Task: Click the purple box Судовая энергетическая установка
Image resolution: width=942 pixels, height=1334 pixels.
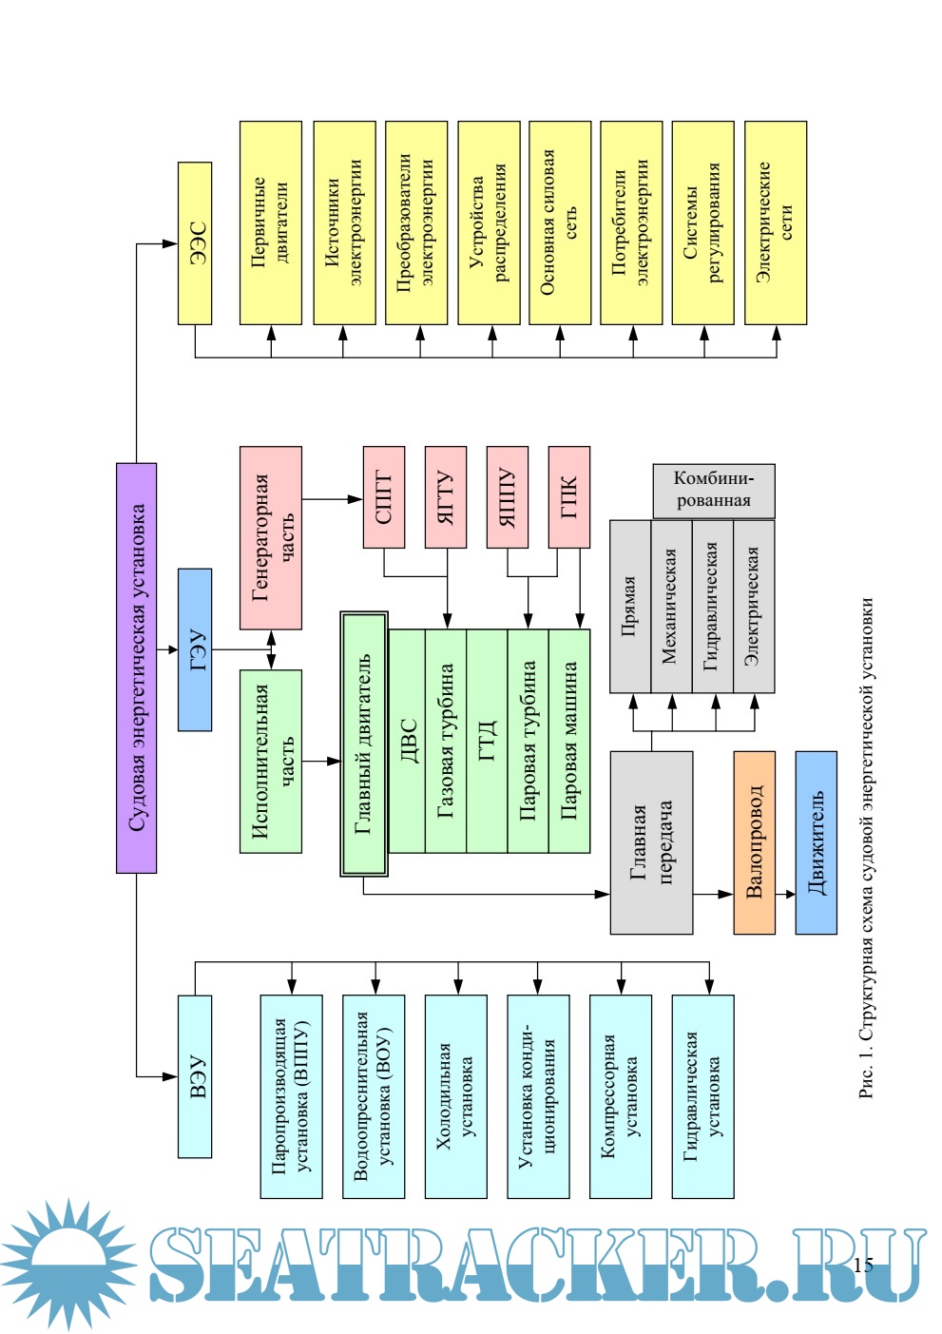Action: pos(136,667)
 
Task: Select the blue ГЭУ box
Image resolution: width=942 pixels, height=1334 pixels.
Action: pos(195,649)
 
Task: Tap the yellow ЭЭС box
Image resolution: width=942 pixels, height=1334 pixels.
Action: pos(195,242)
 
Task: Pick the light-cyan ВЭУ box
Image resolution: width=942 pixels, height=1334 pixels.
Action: pos(195,1075)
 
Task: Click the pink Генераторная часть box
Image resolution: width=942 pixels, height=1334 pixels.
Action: pos(271,537)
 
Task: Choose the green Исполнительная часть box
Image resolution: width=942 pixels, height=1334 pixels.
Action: pos(271,761)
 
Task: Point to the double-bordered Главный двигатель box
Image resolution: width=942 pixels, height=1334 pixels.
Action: pos(364,744)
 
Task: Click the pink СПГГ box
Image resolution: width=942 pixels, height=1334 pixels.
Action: pos(384,496)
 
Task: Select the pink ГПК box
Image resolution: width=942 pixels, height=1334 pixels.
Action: pos(569,496)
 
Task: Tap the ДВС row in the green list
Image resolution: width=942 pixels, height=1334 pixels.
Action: pos(408,740)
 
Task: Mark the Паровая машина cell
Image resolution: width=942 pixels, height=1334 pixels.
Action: pos(570,740)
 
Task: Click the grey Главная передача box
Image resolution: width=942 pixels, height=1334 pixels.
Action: pos(651,842)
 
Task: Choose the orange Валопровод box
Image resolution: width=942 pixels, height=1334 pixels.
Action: pos(754,842)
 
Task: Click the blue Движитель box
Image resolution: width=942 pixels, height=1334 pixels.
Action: pos(816,842)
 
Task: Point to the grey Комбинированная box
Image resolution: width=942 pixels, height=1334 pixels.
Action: pos(713,490)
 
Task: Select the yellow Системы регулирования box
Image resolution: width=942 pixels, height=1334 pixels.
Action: pos(702,222)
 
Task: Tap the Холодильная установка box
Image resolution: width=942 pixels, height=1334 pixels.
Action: pos(455,1095)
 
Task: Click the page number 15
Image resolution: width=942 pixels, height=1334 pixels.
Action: pos(863,1264)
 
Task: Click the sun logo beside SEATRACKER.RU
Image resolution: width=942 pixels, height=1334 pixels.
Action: pos(68,1263)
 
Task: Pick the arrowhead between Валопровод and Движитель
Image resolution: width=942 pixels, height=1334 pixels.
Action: pos(789,894)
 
